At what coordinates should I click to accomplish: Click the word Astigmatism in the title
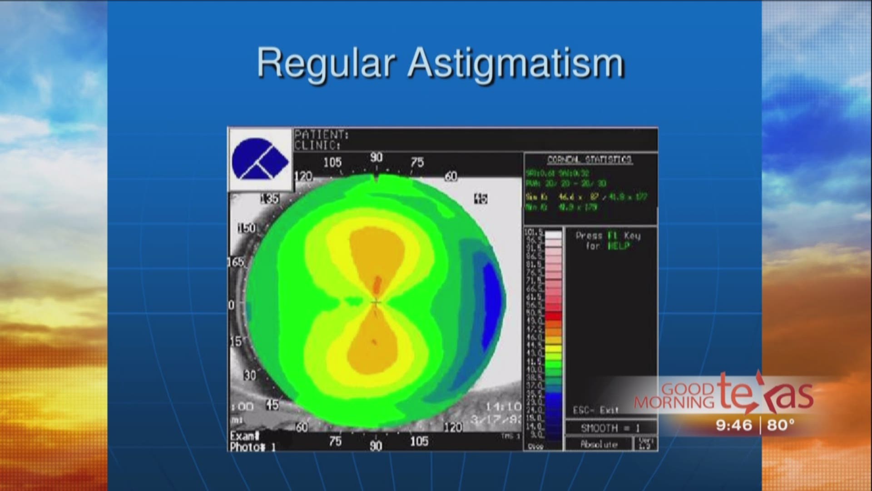(516, 64)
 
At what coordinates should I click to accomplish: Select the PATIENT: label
(322, 135)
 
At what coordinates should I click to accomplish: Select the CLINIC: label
(317, 145)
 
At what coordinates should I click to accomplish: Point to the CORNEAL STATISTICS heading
(590, 160)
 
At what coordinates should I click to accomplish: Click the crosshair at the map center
(376, 302)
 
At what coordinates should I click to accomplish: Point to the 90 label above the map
(376, 158)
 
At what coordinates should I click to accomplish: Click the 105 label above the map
(332, 162)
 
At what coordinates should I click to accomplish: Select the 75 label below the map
(335, 441)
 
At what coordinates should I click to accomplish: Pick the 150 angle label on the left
(247, 228)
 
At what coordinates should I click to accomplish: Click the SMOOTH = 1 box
(610, 428)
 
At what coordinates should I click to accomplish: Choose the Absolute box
(599, 444)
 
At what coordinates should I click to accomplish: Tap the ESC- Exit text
(595, 410)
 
